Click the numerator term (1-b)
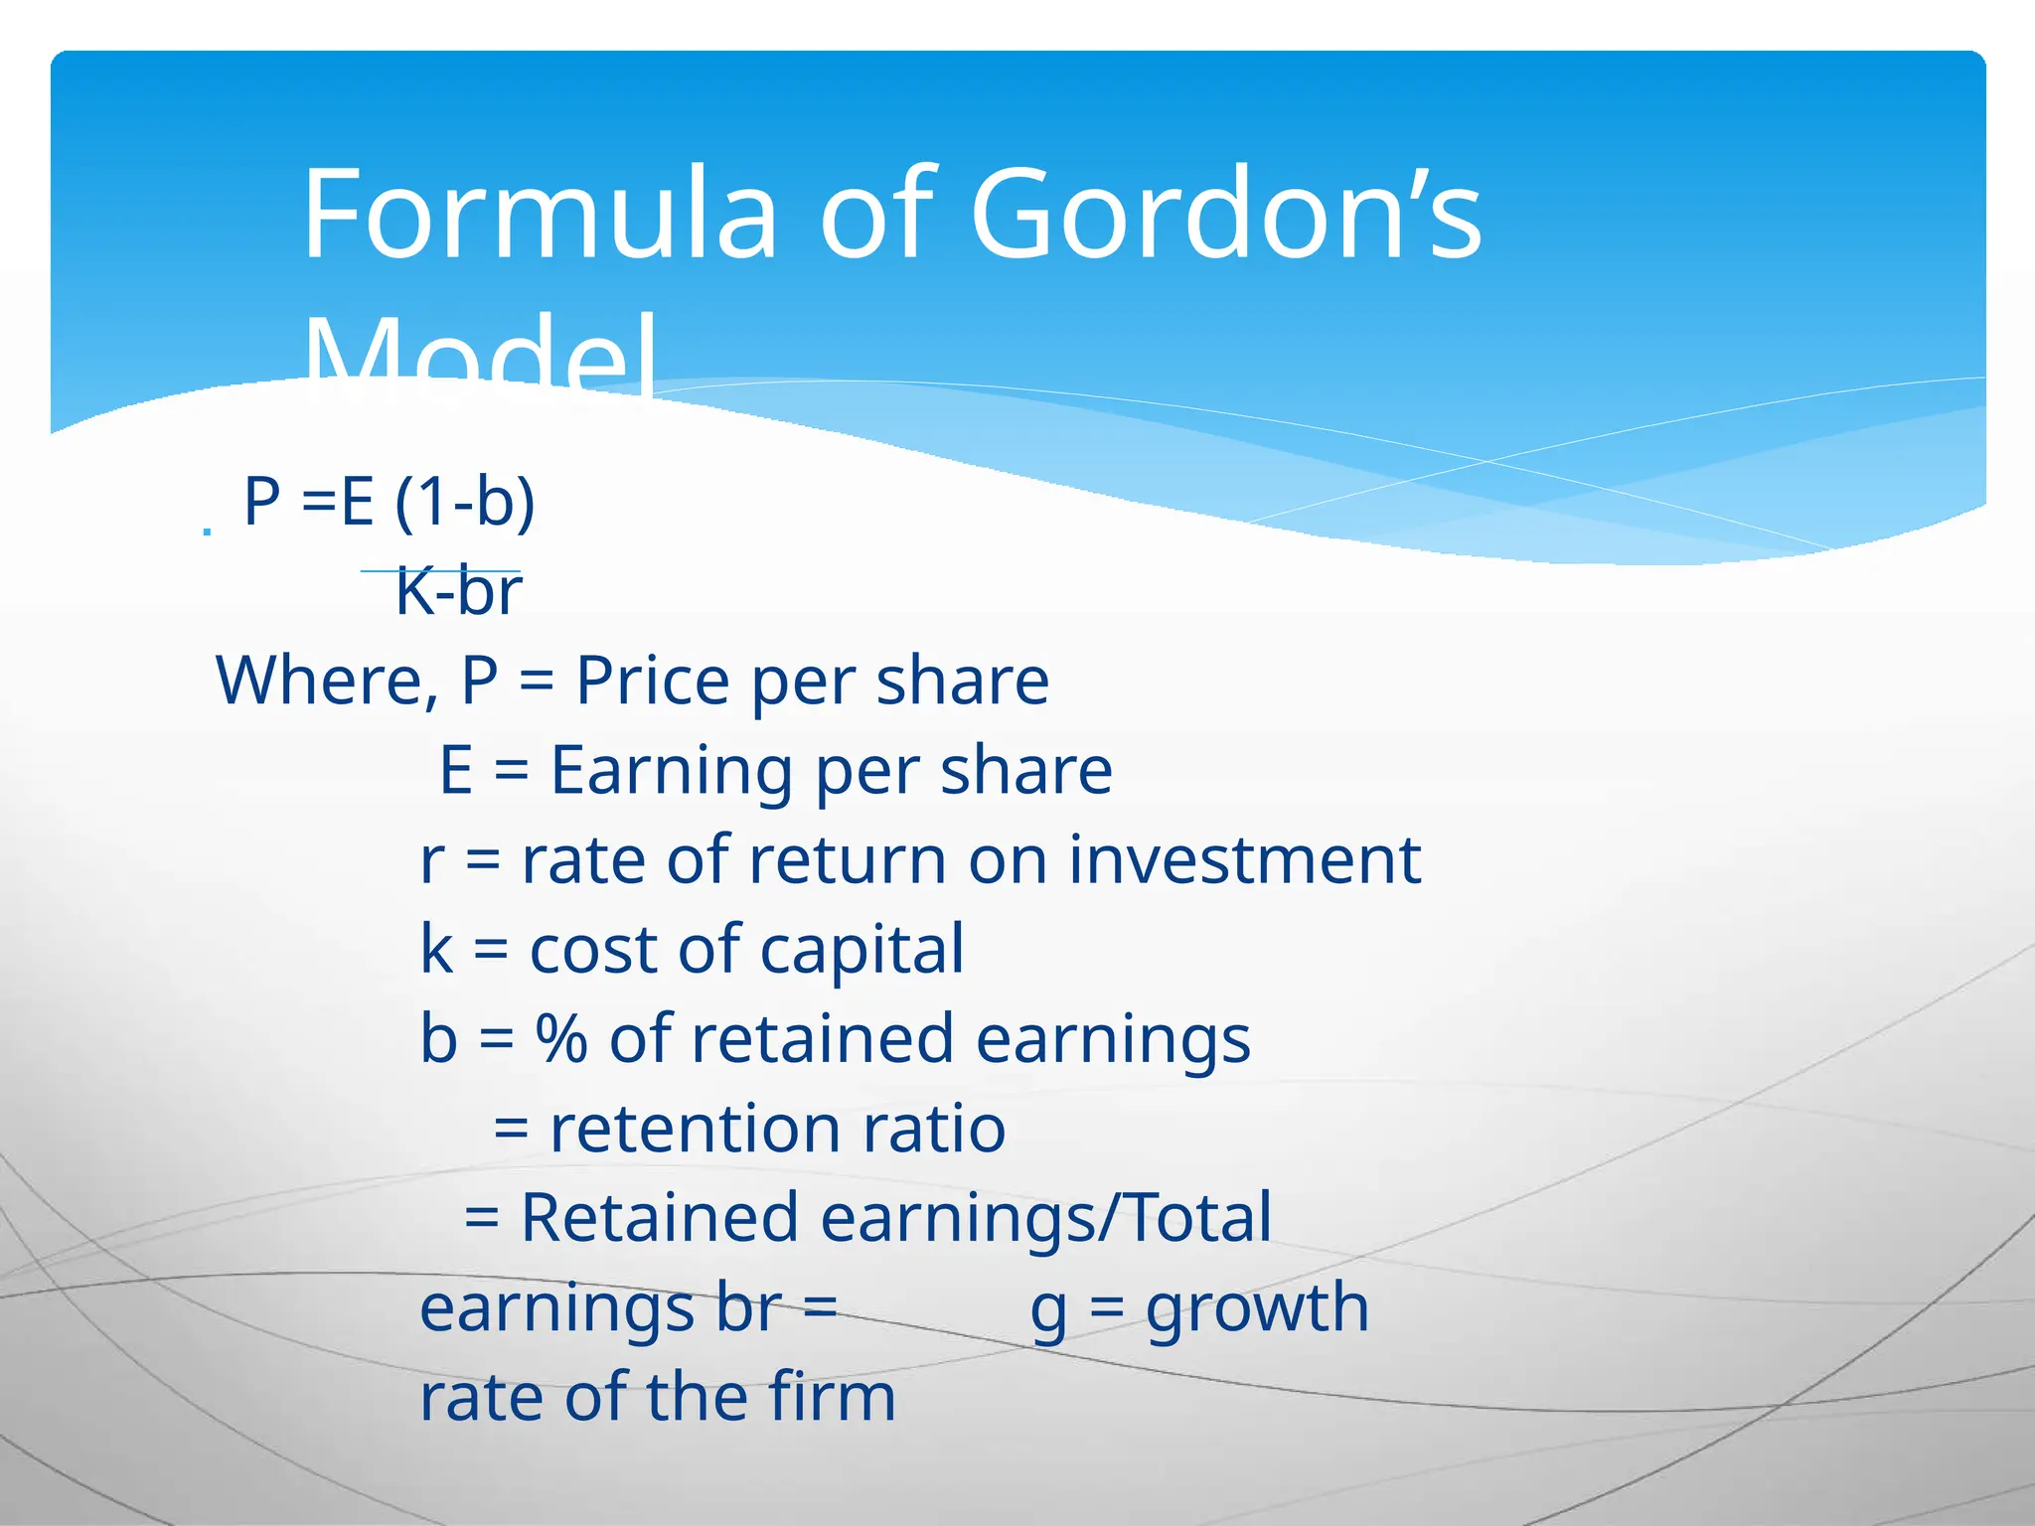(x=465, y=502)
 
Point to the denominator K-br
(x=458, y=593)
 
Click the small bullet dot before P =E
(x=207, y=533)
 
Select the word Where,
(x=328, y=682)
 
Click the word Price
(x=653, y=682)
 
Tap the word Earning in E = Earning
(x=672, y=771)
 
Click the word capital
(x=861, y=950)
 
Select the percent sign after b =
(x=561, y=1039)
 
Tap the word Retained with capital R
(x=659, y=1219)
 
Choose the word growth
(x=1257, y=1308)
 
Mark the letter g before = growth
(x=1048, y=1311)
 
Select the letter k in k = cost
(x=436, y=950)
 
